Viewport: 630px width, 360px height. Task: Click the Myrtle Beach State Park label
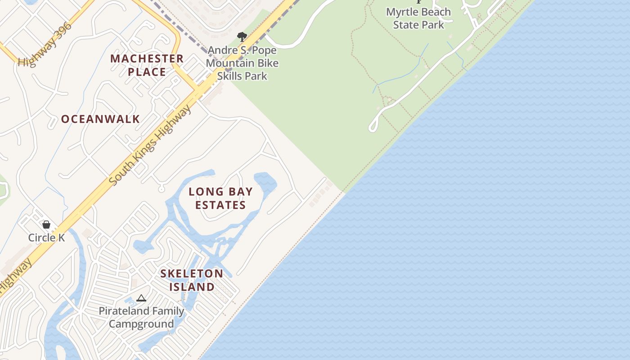pos(418,18)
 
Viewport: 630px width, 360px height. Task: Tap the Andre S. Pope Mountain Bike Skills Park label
pos(242,63)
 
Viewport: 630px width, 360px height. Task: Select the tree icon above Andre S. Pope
pos(242,37)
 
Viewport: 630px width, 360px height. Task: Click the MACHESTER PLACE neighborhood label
pos(147,65)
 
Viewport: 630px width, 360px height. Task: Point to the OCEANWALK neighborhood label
pos(100,119)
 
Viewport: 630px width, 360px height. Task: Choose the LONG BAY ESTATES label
pos(220,198)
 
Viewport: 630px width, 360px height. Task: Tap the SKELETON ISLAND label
pos(192,280)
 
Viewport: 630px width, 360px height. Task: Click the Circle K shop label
pos(46,238)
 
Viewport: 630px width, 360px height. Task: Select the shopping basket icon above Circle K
pos(46,224)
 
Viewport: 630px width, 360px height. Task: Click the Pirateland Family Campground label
pos(141,317)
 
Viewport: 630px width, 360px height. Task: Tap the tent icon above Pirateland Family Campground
pos(141,298)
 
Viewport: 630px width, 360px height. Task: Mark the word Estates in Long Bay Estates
pos(220,205)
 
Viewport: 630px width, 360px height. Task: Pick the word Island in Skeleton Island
pos(192,287)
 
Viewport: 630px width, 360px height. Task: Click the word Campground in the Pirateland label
pos(141,324)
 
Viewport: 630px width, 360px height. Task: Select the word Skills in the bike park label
pos(230,76)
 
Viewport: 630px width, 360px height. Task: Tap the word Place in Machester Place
pos(147,72)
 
